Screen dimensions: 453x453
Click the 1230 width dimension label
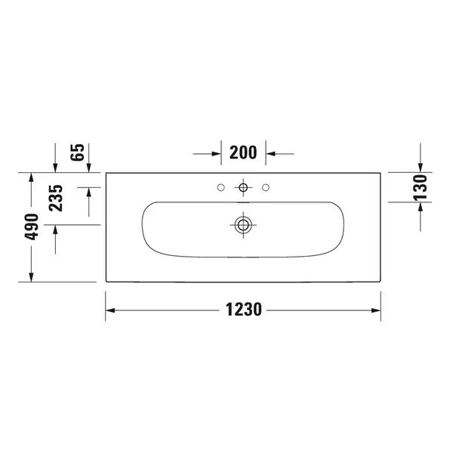point(244,310)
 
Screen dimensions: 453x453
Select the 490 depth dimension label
point(32,226)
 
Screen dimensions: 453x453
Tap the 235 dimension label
point(56,198)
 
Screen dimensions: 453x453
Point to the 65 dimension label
point(77,152)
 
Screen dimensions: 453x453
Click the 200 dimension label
point(243,153)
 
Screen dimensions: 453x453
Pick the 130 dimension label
point(420,187)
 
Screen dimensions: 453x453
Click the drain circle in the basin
point(243,225)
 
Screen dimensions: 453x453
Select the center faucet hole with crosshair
point(243,187)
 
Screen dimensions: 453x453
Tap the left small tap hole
point(220,187)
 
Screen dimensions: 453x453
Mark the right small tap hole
point(266,187)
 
